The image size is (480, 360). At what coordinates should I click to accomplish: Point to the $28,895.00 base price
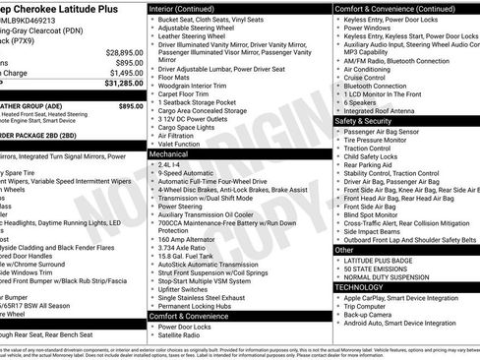[119, 52]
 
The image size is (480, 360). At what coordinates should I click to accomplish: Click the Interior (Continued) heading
[189, 8]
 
